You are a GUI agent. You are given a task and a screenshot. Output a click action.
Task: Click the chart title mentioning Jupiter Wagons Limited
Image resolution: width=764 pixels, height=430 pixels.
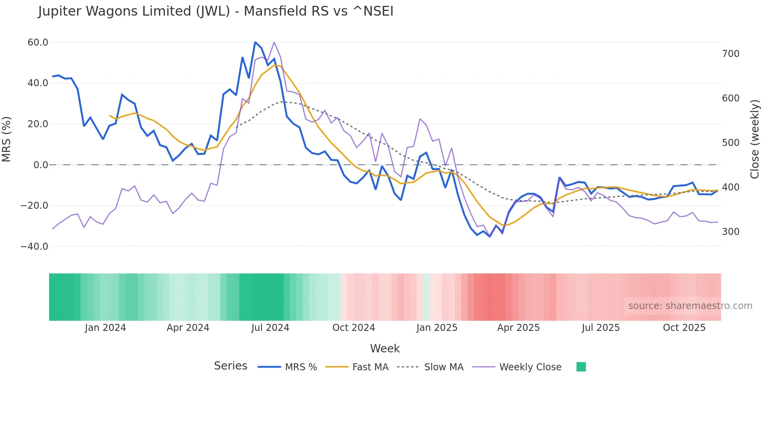click(x=216, y=11)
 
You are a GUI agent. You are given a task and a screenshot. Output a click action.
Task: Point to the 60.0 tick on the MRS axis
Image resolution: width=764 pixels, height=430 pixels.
click(x=38, y=42)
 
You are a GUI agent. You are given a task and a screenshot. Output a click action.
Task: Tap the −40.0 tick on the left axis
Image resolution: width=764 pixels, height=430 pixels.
click(x=34, y=246)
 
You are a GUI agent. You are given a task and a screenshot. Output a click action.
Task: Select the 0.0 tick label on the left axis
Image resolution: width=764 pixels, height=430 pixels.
click(x=41, y=165)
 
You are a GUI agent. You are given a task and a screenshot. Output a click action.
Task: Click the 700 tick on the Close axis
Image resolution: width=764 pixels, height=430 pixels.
click(x=730, y=53)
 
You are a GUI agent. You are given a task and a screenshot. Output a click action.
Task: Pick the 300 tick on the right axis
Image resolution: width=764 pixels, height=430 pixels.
click(x=730, y=231)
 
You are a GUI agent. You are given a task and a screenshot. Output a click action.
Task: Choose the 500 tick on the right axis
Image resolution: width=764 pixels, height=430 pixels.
click(x=730, y=142)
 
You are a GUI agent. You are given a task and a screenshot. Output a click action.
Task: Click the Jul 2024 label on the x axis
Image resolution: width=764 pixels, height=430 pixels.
click(x=270, y=327)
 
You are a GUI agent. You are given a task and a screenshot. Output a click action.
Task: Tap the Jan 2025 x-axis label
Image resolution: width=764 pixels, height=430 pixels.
click(x=437, y=327)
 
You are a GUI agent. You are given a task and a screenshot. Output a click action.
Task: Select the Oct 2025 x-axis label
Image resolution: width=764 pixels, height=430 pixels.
click(x=684, y=327)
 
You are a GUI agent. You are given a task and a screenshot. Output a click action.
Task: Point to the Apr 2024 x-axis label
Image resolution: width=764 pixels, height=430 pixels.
click(x=188, y=327)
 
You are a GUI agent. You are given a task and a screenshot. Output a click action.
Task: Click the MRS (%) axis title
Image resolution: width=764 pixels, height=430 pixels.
click(x=7, y=139)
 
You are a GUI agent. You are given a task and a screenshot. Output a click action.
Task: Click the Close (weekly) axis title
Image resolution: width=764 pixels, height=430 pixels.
click(x=755, y=139)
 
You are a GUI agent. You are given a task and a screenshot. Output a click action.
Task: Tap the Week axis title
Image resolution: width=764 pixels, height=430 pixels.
click(x=385, y=348)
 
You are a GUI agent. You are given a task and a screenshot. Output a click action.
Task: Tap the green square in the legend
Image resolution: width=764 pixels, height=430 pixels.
click(x=581, y=367)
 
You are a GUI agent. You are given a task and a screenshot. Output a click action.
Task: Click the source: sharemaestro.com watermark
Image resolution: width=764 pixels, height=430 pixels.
click(x=690, y=306)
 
